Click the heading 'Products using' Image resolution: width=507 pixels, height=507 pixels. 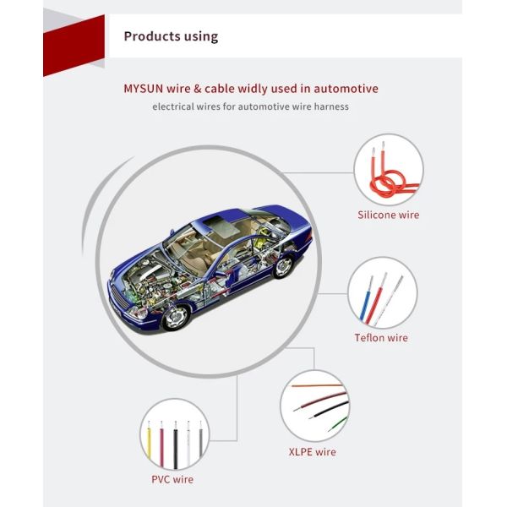coord(171,36)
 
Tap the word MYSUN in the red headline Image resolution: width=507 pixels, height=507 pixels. coord(144,89)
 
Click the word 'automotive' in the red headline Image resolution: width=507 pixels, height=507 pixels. coord(346,89)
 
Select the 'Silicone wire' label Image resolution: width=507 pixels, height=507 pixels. coord(389,215)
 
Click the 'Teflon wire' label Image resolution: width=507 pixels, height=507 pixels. coord(381,337)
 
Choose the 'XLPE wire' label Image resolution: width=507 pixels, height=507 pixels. coord(313,452)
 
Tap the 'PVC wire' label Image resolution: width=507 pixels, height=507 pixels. coord(172,479)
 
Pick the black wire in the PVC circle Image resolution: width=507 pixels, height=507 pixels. coord(176,445)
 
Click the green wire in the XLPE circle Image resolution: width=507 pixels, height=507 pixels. coord(338,423)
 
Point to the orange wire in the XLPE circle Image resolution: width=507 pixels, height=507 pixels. coord(317,386)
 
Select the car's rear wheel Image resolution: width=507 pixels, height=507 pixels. coord(284,266)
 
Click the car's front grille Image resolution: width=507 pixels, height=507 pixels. coord(119,297)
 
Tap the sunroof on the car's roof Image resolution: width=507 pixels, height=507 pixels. coord(223,224)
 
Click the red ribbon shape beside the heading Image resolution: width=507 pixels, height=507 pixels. coord(74,46)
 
